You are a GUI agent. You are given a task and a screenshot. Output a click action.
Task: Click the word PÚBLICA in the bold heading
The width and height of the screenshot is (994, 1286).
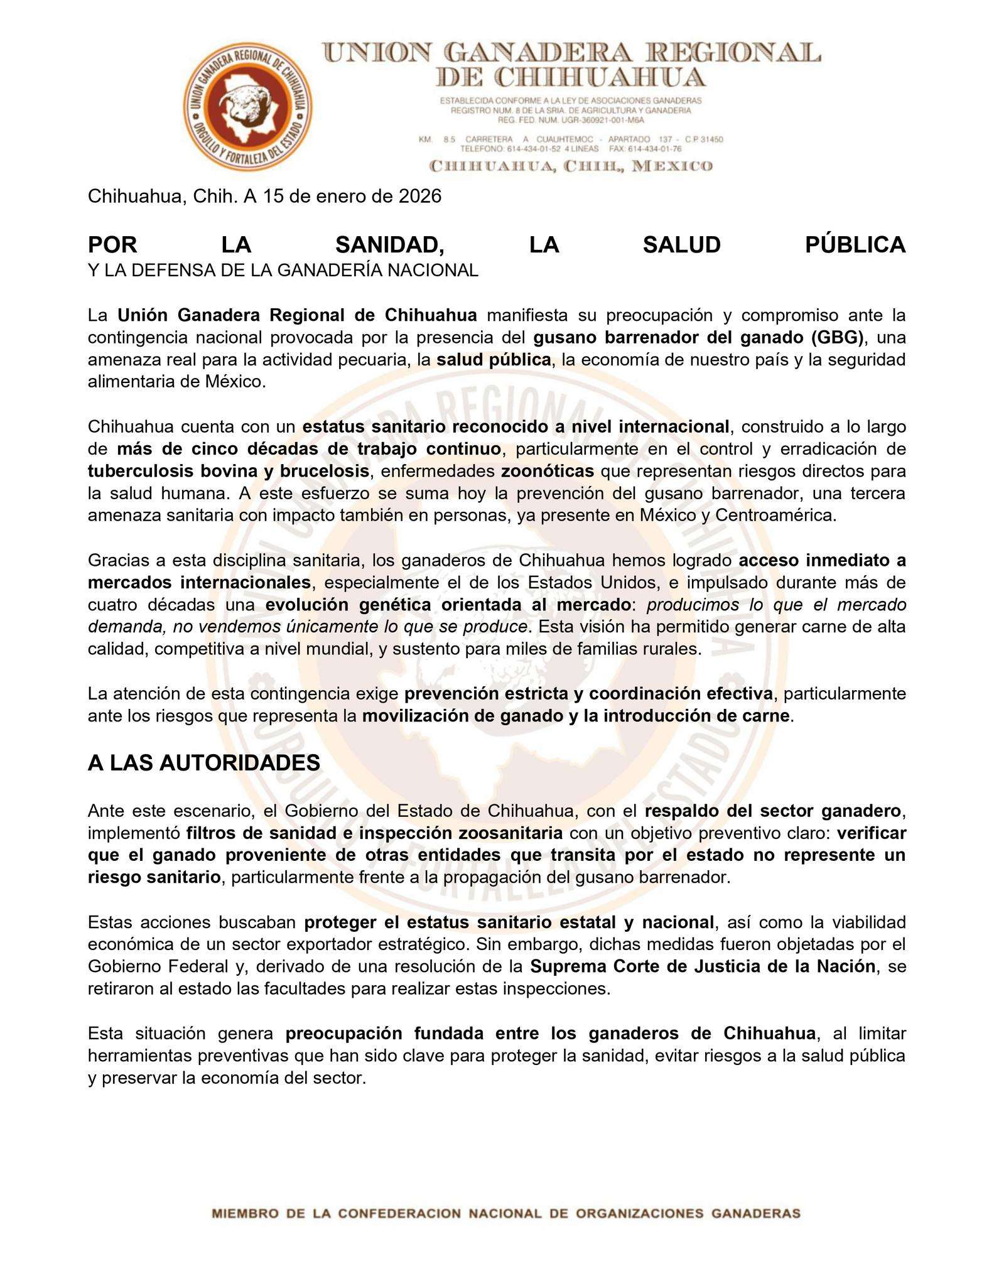855,245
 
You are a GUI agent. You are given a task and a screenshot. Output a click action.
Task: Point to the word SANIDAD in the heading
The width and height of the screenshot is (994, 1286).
390,245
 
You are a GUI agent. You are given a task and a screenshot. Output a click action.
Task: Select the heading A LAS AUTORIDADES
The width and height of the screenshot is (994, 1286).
204,763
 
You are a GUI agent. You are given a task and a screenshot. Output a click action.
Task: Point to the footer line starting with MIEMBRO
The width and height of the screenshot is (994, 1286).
506,1213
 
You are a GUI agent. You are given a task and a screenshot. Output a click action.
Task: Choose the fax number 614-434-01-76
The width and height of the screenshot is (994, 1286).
659,149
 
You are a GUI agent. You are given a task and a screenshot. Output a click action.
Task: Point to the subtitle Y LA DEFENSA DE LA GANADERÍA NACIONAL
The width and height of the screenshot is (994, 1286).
283,270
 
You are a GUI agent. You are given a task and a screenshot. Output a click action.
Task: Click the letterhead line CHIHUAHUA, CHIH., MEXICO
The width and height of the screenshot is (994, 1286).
571,166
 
